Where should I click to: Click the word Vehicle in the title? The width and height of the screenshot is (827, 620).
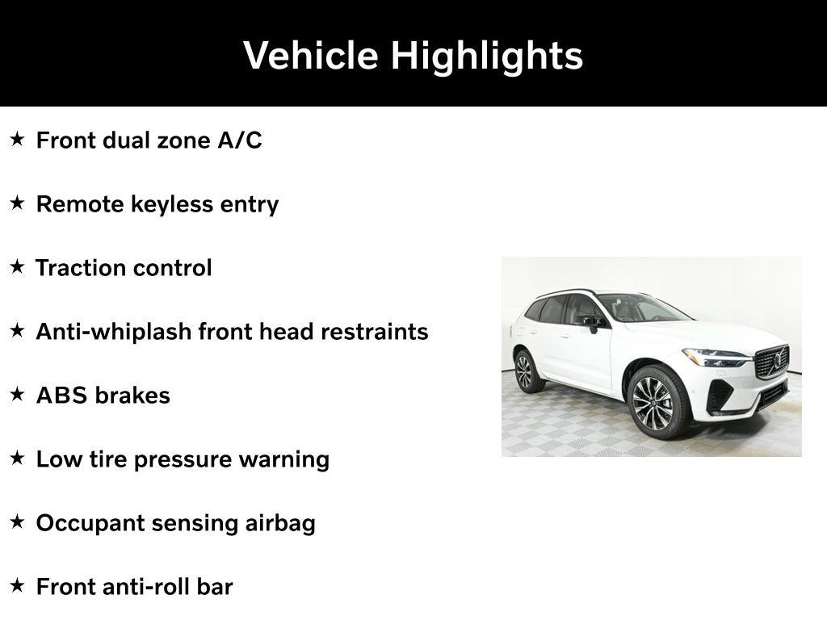pos(311,55)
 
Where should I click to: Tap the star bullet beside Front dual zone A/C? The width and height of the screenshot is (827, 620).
pos(18,139)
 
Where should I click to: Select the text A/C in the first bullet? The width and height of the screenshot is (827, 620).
pos(240,140)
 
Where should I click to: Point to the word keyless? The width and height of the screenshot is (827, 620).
pos(172,205)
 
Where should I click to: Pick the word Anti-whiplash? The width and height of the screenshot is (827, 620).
pos(113,332)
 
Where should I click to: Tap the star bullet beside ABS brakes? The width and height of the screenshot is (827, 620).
pos(18,394)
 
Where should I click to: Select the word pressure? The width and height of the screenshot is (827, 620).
pos(183,460)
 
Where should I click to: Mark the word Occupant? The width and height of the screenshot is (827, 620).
pos(90,524)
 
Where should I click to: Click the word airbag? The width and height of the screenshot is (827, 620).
pos(280,524)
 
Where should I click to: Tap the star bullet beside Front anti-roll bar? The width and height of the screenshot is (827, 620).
pos(18,586)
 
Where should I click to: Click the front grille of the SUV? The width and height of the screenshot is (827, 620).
pos(772,362)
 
